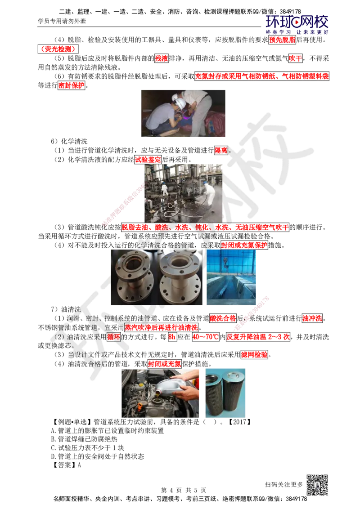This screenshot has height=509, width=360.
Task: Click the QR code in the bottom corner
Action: [316, 485]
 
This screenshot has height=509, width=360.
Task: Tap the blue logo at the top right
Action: [297, 24]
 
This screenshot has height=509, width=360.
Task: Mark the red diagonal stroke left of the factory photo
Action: [124, 202]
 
